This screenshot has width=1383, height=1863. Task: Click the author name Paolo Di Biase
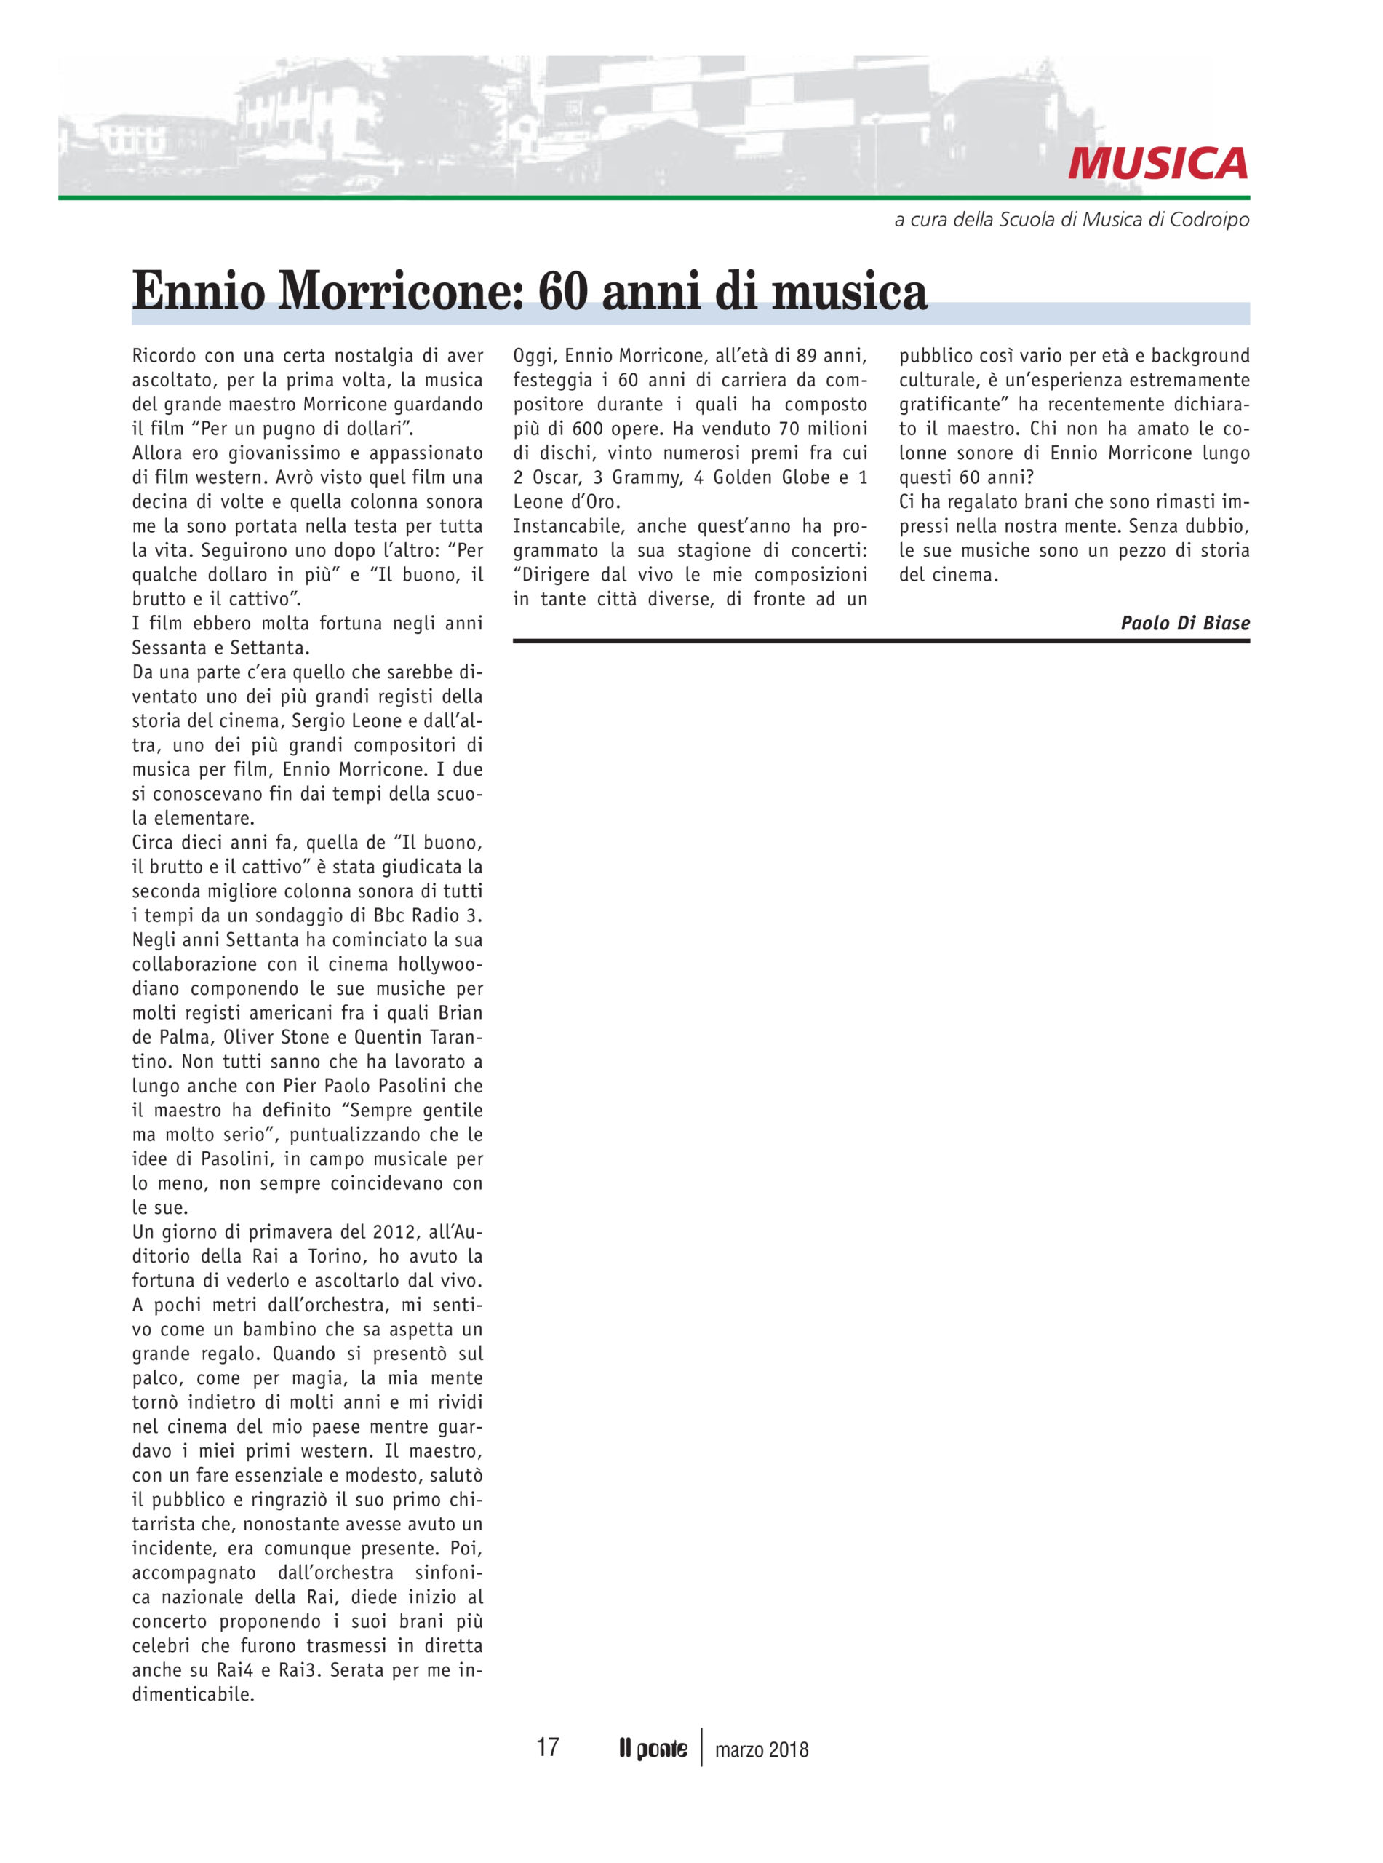coord(1184,623)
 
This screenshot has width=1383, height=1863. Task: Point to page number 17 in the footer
coord(548,1747)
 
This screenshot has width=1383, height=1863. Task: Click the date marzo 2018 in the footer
coord(762,1750)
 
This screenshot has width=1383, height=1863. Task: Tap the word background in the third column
coord(1200,356)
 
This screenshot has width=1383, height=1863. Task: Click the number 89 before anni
coord(806,356)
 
